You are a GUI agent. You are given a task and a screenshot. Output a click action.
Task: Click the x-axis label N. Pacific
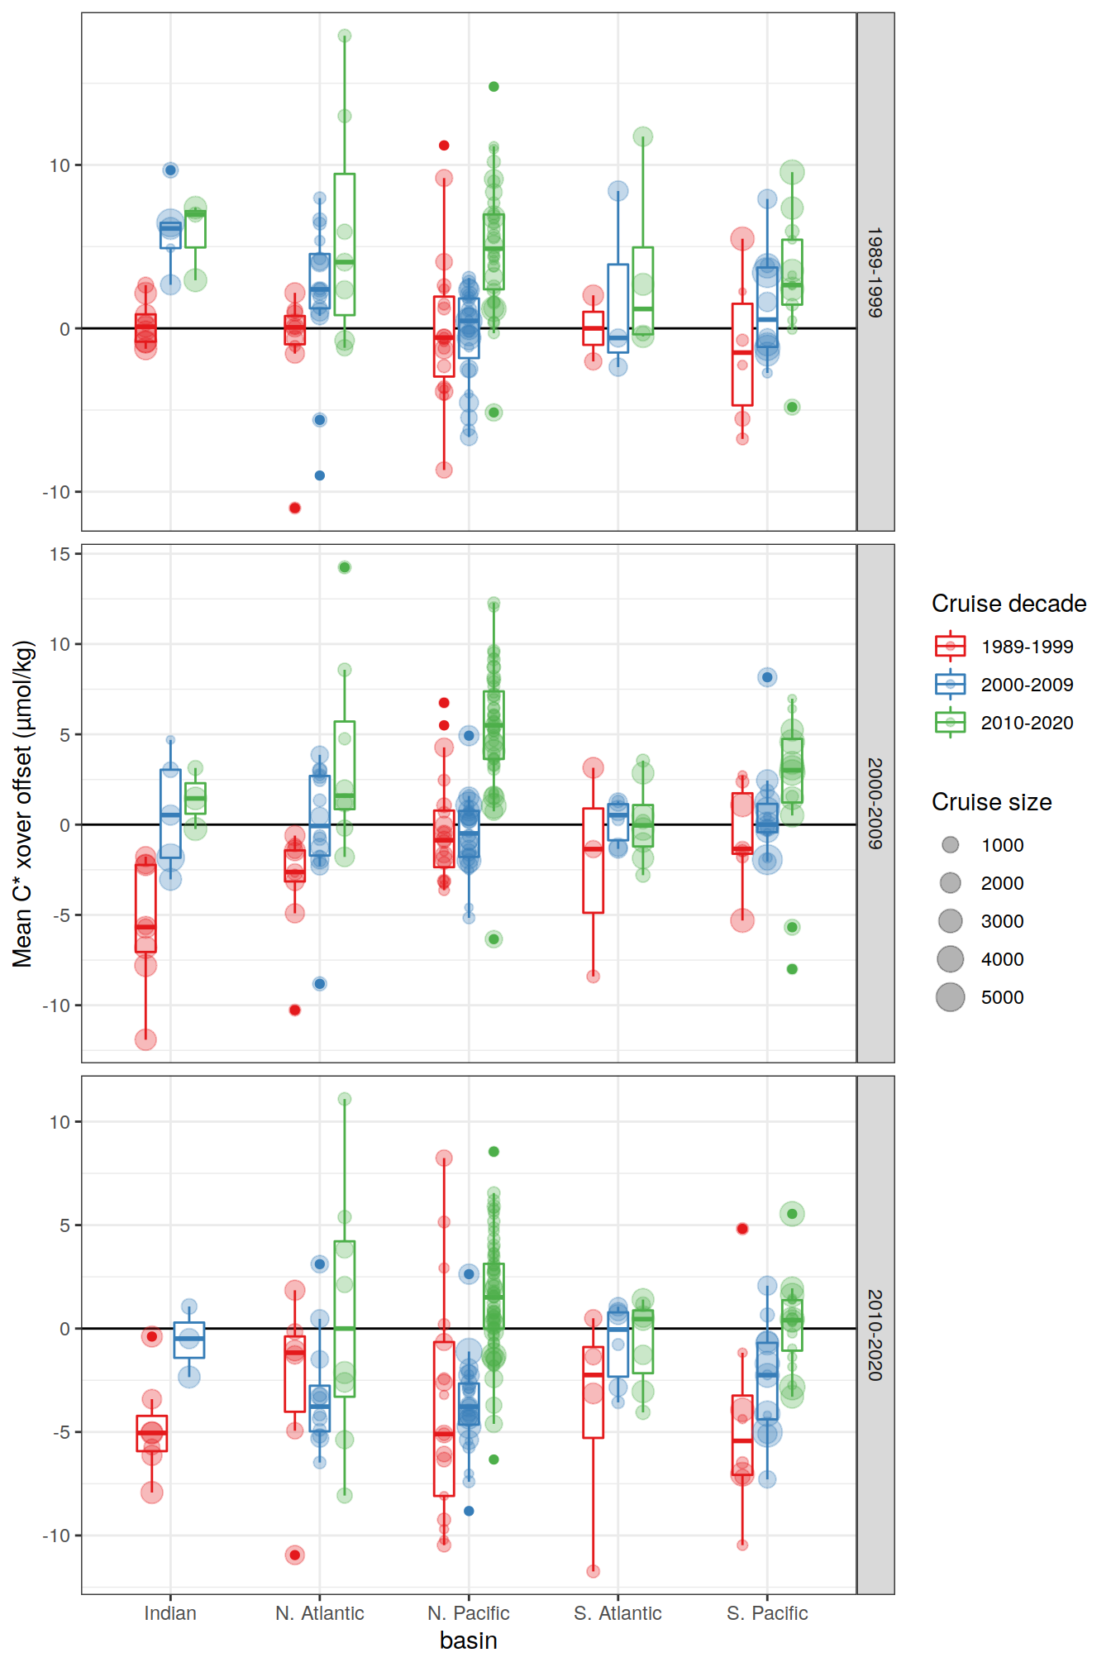tap(468, 1612)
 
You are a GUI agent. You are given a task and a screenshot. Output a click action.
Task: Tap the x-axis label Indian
tap(170, 1612)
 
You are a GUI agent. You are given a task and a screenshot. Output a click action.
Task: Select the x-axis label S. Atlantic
tap(617, 1612)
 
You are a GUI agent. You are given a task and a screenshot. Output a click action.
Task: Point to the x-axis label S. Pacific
tap(767, 1612)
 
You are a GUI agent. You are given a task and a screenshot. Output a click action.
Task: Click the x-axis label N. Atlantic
tap(319, 1612)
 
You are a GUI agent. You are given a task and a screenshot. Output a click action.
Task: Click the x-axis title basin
tap(468, 1641)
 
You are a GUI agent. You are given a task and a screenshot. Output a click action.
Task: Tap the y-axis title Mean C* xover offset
tap(22, 803)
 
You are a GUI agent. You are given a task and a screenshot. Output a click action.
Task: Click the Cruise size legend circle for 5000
tap(951, 997)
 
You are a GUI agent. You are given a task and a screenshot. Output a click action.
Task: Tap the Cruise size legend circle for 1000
tap(951, 845)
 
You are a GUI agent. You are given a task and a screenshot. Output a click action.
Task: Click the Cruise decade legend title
tap(1008, 604)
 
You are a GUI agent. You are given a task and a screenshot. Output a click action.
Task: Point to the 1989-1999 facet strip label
tap(875, 272)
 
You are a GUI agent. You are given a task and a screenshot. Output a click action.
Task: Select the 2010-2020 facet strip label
tap(875, 1335)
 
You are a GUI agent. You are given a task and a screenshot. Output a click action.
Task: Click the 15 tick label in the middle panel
tap(60, 554)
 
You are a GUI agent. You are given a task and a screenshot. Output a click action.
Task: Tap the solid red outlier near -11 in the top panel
tap(295, 508)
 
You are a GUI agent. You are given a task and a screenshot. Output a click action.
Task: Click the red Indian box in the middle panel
tap(145, 908)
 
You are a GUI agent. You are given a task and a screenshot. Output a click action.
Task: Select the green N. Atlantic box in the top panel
tap(345, 244)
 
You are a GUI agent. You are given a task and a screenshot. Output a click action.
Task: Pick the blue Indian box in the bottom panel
tap(189, 1340)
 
